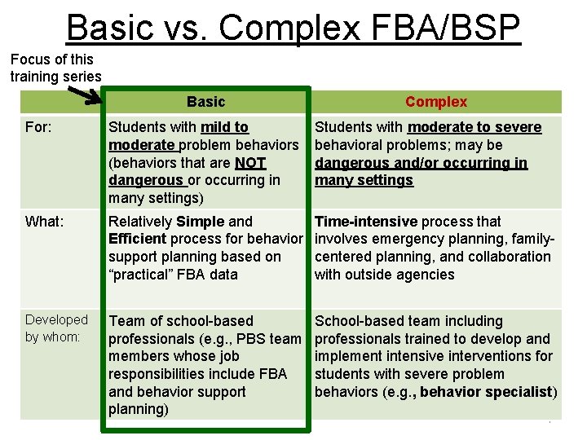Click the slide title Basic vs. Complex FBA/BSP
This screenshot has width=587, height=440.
click(x=293, y=27)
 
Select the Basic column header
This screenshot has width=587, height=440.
click(x=205, y=102)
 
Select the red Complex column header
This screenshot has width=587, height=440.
click(x=436, y=102)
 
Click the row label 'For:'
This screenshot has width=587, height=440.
click(x=39, y=128)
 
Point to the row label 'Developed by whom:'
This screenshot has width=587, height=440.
click(x=56, y=328)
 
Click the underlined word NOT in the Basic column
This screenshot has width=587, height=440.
click(x=250, y=163)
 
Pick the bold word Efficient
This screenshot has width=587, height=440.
click(x=137, y=240)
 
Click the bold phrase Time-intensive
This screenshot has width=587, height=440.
click(x=365, y=222)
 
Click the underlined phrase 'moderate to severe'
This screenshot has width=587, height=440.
click(x=474, y=127)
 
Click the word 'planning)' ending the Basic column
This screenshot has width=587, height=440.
click(x=139, y=410)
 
